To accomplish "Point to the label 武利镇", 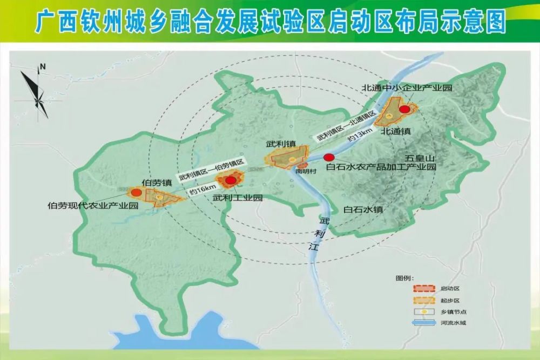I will [x=280, y=144].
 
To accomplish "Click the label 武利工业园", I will [x=238, y=198].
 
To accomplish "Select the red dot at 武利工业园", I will [x=231, y=180].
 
